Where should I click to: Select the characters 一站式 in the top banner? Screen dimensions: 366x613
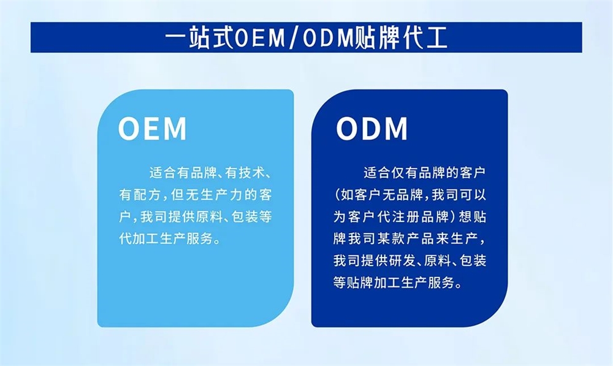pos(200,38)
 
